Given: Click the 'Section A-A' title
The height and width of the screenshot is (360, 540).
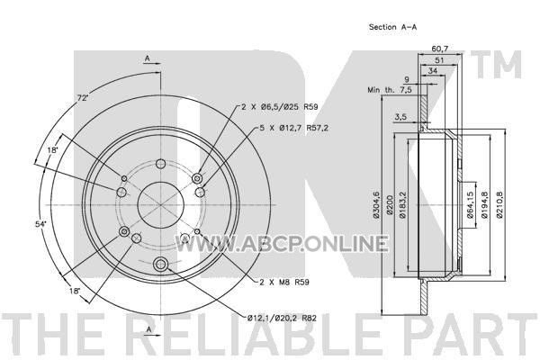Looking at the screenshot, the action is [x=392, y=27].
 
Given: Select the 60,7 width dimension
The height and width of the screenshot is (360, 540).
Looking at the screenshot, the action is [x=440, y=49].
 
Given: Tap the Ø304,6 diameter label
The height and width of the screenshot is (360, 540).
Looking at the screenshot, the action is [x=376, y=204].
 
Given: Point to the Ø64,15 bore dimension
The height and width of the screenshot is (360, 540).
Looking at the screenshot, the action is [x=469, y=204].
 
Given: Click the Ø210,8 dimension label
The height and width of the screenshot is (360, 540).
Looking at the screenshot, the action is [x=499, y=204].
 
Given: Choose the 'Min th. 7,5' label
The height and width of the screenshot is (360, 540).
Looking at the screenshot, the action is [x=390, y=90].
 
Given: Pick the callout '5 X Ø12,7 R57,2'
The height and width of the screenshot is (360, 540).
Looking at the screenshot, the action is [x=293, y=128].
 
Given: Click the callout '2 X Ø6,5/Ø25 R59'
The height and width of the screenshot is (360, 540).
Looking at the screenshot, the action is [x=279, y=107].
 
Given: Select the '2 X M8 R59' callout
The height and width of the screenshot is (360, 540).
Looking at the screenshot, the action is [x=284, y=282].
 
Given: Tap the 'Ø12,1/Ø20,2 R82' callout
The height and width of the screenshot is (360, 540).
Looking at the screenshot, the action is [x=282, y=318].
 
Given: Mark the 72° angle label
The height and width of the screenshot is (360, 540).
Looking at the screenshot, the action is [x=83, y=98].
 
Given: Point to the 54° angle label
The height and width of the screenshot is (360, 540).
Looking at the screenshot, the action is [x=40, y=224].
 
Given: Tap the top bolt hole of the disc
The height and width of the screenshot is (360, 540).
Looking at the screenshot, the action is [x=160, y=164].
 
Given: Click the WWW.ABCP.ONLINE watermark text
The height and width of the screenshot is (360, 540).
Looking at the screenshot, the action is [x=282, y=243].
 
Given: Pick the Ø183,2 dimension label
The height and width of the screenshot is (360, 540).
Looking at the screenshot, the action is [x=402, y=204].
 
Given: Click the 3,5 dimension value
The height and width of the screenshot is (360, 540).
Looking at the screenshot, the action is [x=400, y=117].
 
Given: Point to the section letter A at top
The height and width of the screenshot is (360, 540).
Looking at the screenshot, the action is [x=148, y=58].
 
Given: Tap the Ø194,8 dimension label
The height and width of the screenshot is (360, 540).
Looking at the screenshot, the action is [x=484, y=204].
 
